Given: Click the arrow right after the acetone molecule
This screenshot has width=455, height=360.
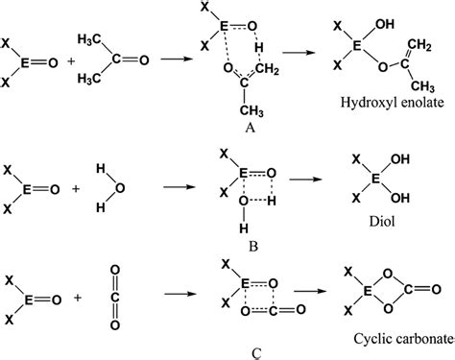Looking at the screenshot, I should [174, 60].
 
